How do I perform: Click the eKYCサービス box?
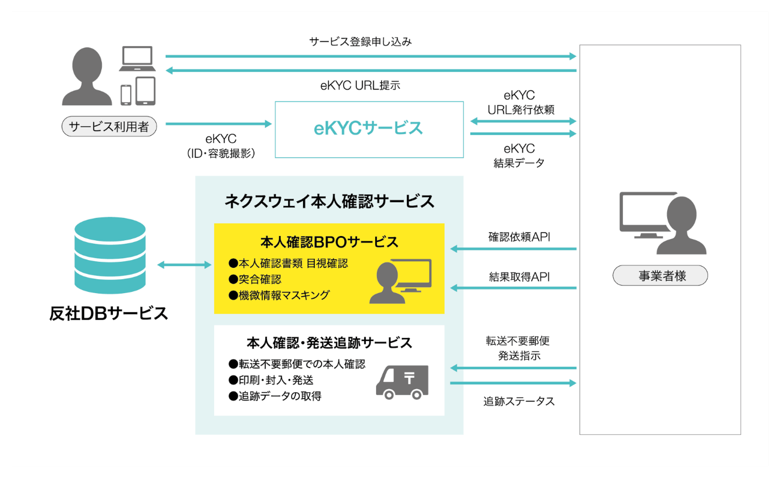[x=369, y=129]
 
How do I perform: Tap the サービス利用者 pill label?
[x=109, y=127]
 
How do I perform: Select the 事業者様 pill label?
[x=660, y=276]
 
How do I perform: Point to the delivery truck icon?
[x=402, y=382]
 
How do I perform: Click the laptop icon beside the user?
[x=139, y=59]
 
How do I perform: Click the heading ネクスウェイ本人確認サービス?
[x=329, y=201]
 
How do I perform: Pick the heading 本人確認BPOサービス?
[x=329, y=242]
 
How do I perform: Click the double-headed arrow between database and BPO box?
[x=181, y=264]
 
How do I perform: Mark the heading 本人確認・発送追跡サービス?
[x=329, y=343]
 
